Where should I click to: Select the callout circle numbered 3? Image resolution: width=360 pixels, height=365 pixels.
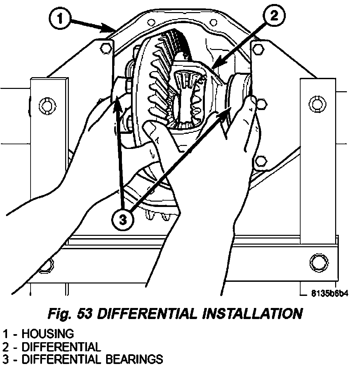pyautogui.click(x=123, y=220)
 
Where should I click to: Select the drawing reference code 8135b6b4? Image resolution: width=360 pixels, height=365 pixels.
pyautogui.click(x=329, y=294)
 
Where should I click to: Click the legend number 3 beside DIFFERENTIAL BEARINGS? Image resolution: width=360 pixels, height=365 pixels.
pyautogui.click(x=6, y=359)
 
